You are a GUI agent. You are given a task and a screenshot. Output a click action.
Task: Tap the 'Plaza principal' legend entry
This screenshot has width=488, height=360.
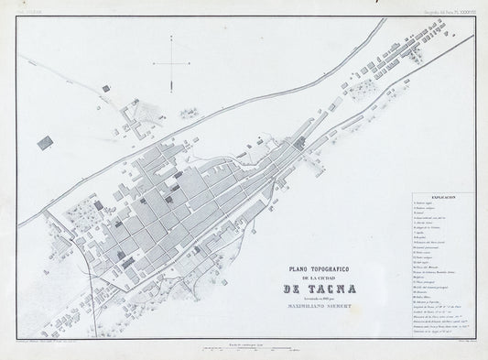(428, 283)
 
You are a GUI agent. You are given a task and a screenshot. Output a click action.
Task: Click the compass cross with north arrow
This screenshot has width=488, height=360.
(170, 62)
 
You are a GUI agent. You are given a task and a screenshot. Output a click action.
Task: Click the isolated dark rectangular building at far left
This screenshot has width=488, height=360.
(43, 142)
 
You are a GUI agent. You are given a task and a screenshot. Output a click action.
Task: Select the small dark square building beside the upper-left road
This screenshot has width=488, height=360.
(105, 88)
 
